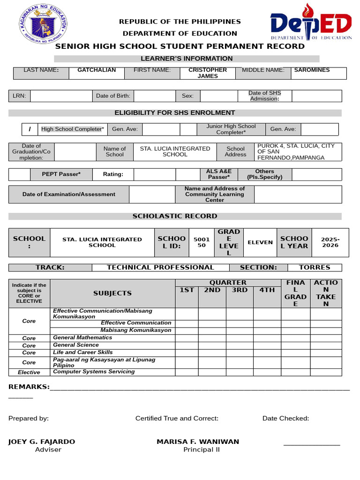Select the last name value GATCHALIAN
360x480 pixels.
[97, 70]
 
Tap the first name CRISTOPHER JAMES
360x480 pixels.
[207, 73]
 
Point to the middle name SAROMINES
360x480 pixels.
[312, 70]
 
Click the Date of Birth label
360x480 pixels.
[113, 96]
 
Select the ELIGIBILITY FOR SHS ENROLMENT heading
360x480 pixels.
[175, 112]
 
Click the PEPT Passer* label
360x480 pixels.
[61, 174]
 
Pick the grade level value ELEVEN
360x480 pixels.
[260, 242]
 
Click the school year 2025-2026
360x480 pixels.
[330, 242]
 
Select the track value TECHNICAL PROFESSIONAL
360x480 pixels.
[160, 268]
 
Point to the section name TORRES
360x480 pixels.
[315, 268]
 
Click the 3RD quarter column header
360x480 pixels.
[240, 290]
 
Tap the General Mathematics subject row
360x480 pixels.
[82, 337]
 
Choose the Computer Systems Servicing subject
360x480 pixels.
[94, 372]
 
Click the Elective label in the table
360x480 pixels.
[29, 372]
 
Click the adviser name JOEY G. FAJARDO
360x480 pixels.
[42, 442]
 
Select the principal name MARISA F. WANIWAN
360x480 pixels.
[198, 442]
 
